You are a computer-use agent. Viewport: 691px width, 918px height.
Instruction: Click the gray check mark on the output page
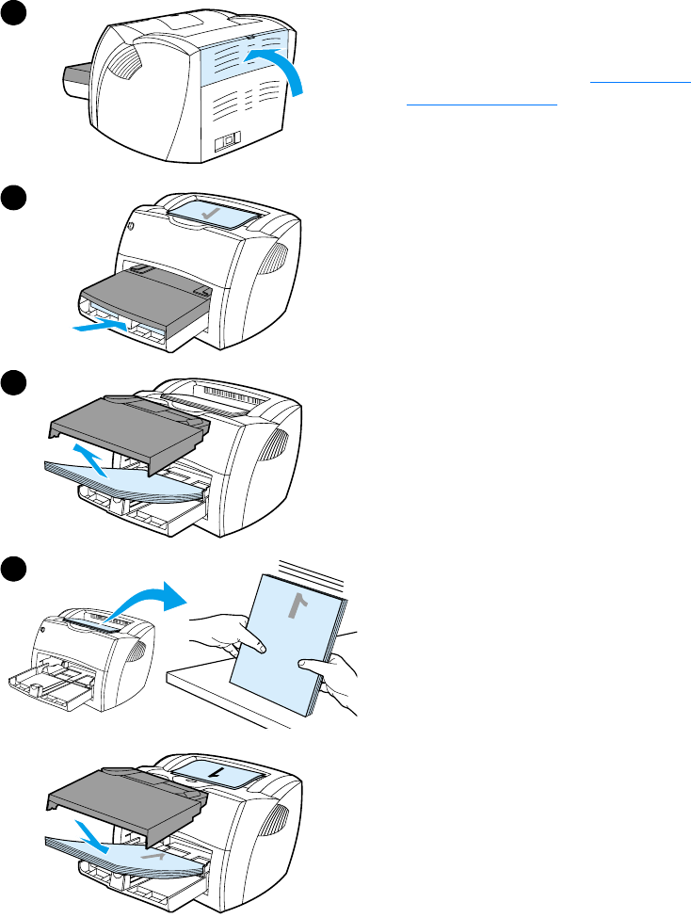coord(215,215)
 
